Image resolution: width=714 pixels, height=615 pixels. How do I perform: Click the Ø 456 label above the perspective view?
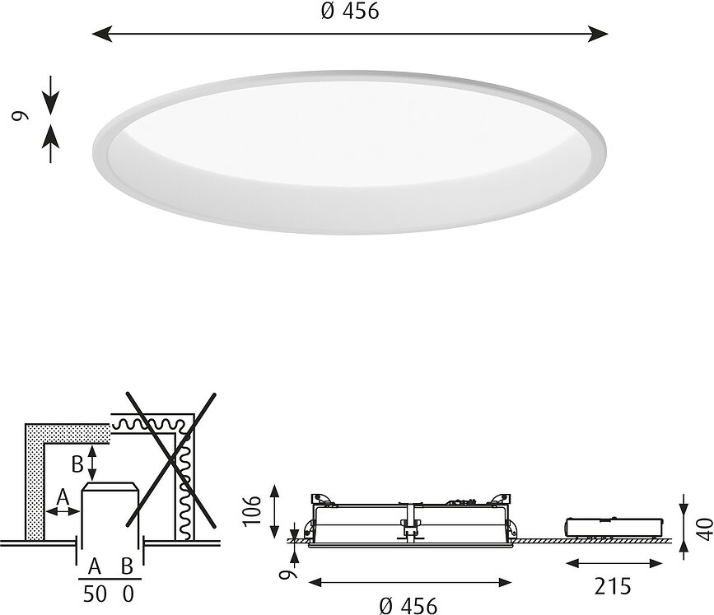[x=351, y=12]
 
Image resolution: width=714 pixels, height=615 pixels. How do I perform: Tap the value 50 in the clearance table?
[x=95, y=594]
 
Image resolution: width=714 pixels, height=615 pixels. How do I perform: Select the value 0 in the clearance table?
[x=126, y=594]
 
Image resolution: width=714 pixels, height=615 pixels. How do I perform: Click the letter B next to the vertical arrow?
[x=77, y=464]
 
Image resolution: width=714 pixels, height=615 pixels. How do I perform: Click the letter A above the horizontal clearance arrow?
[x=63, y=497]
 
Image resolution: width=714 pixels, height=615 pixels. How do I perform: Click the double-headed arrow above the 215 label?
[x=614, y=564]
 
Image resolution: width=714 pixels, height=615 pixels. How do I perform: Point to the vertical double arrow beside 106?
[x=275, y=510]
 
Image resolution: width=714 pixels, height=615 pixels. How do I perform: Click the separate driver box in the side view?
[x=614, y=528]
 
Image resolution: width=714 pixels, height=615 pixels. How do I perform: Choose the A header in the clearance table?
[x=95, y=566]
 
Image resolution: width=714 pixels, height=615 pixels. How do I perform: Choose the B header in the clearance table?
[x=126, y=566]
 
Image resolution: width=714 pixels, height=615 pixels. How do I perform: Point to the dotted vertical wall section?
[x=35, y=486]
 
